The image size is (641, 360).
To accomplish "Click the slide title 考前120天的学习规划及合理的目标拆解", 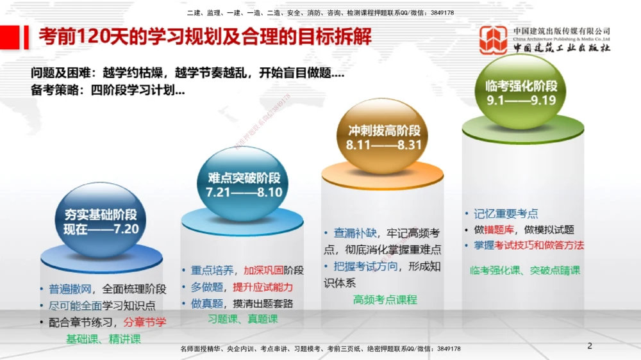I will click(205, 36).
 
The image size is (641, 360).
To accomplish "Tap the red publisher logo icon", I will click(493, 40).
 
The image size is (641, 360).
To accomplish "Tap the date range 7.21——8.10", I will click(244, 192).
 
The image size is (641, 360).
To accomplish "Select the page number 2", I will click(590, 346).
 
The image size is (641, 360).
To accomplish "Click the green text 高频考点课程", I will click(385, 299).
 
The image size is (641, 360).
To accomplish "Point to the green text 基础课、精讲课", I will click(104, 339).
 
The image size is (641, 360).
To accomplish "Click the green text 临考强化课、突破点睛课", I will click(525, 270).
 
